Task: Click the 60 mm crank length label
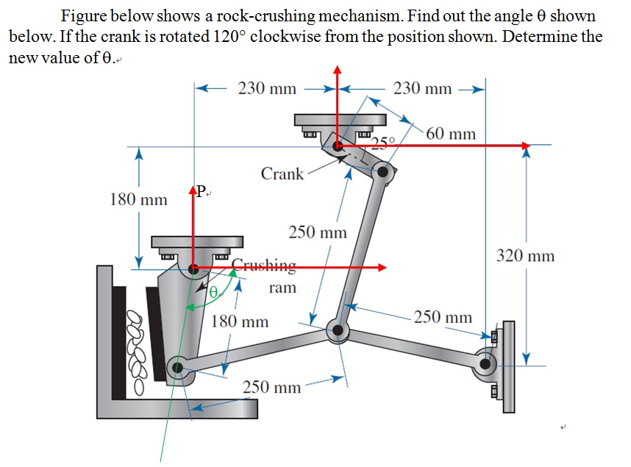(x=450, y=134)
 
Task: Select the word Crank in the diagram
(x=282, y=174)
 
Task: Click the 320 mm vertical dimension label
(x=525, y=256)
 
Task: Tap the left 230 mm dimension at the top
(x=267, y=89)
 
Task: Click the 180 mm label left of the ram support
(x=138, y=199)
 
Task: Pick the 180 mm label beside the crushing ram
(x=240, y=321)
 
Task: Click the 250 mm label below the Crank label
(x=317, y=232)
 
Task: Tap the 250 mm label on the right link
(x=442, y=318)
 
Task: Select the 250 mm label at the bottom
(x=271, y=387)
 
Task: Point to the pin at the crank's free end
(x=382, y=172)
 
